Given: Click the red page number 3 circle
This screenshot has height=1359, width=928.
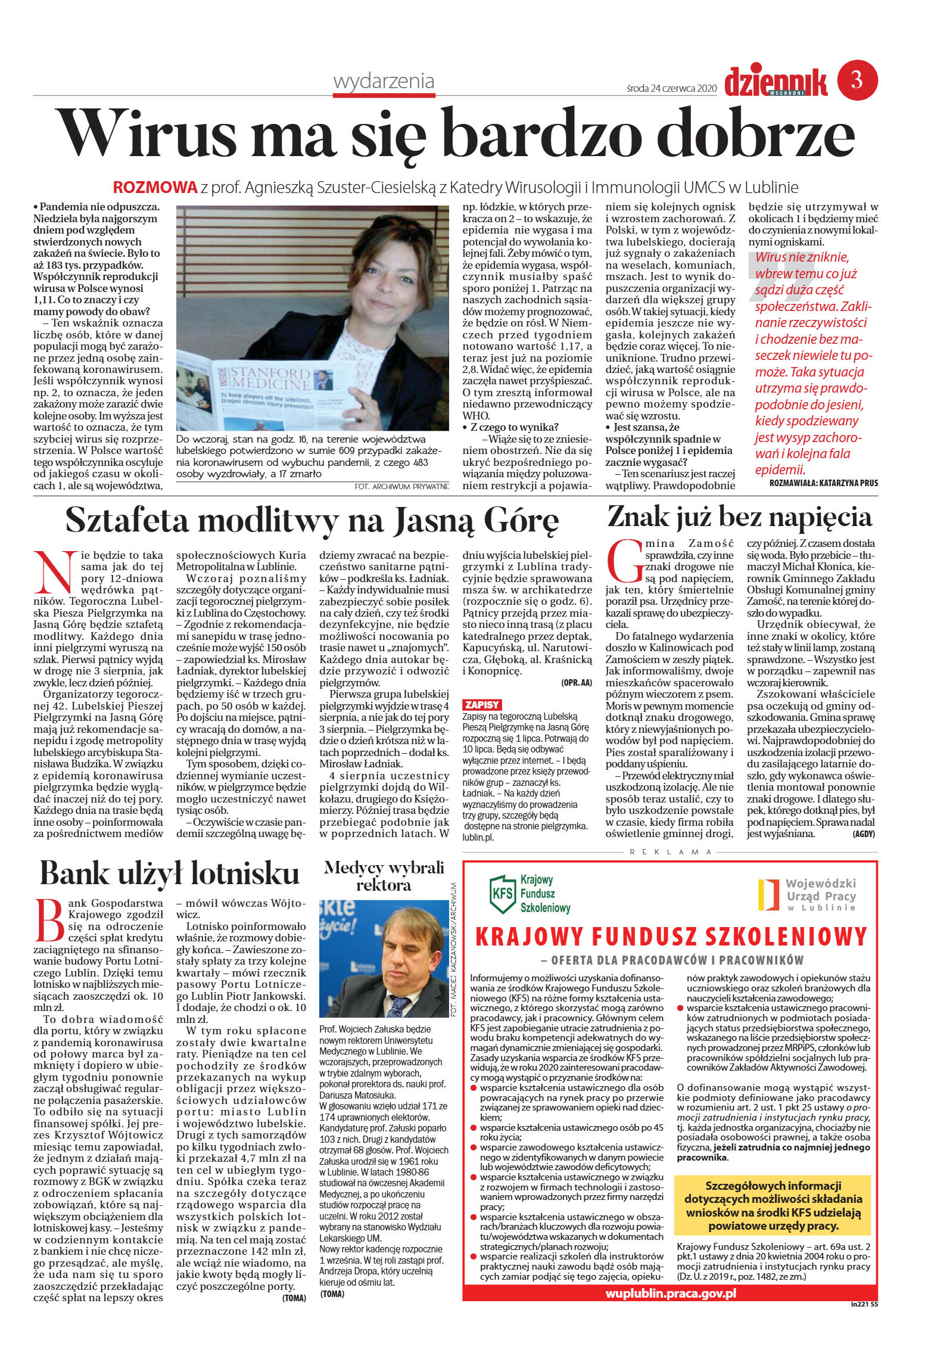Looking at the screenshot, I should [x=857, y=80].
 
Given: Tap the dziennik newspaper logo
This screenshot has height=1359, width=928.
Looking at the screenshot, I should [x=776, y=82].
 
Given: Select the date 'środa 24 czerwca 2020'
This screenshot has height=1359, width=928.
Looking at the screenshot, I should [x=671, y=88].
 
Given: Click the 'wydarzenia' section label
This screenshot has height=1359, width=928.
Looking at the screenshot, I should [x=384, y=82].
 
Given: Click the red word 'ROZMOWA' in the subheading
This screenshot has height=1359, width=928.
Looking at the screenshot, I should [x=155, y=188].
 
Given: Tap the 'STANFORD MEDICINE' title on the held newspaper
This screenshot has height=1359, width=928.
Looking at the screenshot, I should [x=270, y=378].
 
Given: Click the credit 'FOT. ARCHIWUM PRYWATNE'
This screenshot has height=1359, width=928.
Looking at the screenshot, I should [x=401, y=487].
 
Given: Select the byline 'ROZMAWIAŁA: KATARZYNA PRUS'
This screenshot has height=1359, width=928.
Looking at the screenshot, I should [x=823, y=483].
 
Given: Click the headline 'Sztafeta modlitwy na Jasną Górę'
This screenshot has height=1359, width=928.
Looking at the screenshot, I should [x=312, y=520].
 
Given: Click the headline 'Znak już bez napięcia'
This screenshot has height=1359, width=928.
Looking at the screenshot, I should [x=739, y=517].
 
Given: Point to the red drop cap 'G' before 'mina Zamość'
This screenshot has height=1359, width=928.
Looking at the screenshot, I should [x=624, y=561].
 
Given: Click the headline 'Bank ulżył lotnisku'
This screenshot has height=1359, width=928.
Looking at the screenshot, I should [x=170, y=874].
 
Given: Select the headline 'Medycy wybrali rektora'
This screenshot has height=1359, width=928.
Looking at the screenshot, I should [x=384, y=876].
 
